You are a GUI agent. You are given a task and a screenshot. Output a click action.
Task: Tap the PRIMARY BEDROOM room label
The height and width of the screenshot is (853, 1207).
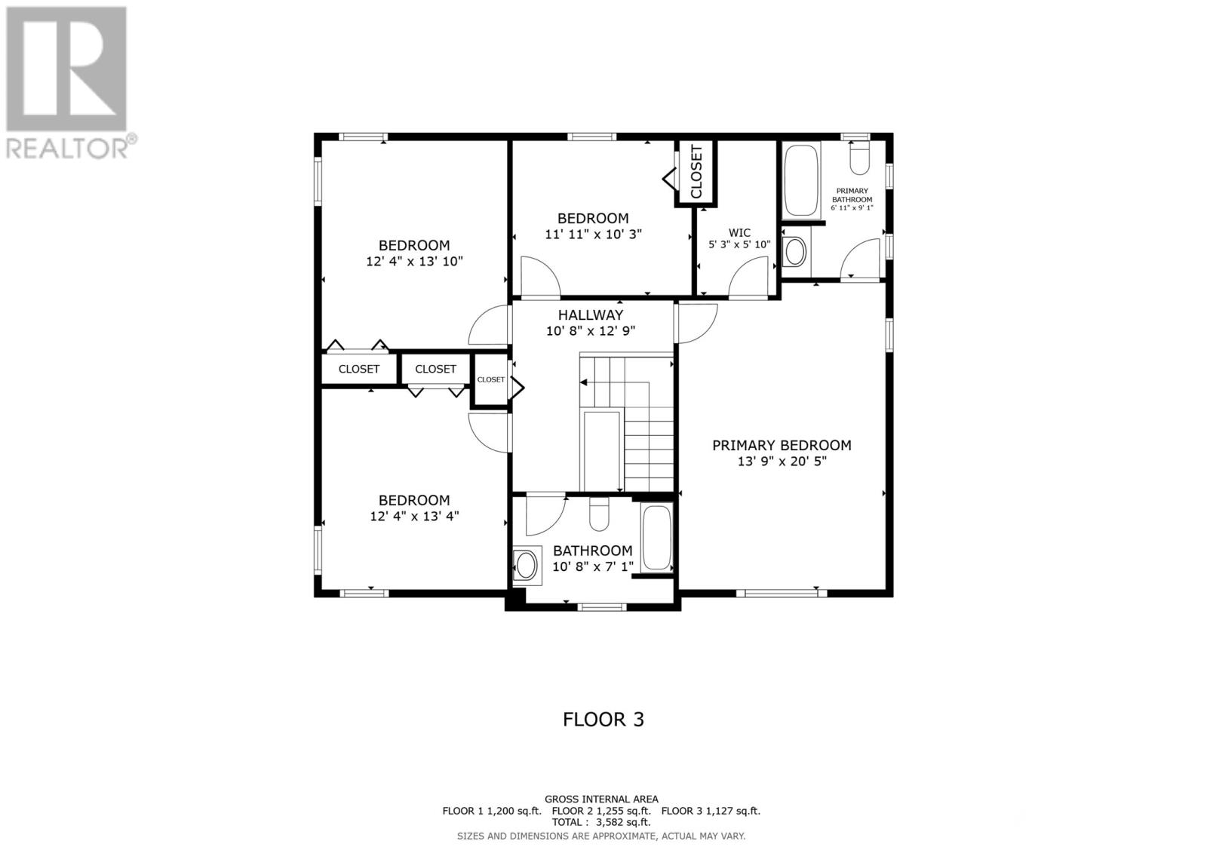[x=782, y=445]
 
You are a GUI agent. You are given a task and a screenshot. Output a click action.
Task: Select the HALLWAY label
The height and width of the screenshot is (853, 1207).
[x=590, y=315]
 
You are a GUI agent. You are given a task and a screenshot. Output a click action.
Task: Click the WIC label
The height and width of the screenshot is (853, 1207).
[x=739, y=233]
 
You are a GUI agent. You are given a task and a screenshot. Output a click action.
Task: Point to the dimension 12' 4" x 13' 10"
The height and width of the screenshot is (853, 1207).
[x=414, y=262]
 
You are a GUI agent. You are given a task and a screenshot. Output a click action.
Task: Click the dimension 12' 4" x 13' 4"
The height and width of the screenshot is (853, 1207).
[x=414, y=516]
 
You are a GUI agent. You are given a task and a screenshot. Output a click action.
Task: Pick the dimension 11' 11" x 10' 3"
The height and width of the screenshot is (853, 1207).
[x=593, y=235]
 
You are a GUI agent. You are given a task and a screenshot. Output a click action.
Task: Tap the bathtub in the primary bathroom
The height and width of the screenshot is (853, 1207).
[x=801, y=181]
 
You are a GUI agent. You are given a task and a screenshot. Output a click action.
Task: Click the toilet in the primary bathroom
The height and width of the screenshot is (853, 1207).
[x=859, y=158]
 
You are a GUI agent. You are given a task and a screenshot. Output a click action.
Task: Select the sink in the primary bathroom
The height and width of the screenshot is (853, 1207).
[x=795, y=251]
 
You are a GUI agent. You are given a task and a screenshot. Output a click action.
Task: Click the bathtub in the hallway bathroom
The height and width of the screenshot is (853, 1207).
[x=657, y=537]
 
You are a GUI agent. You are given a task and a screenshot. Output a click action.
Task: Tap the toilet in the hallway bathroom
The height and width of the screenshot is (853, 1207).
[x=599, y=514]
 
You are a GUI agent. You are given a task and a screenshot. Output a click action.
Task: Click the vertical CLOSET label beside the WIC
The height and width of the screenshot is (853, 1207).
[x=696, y=171]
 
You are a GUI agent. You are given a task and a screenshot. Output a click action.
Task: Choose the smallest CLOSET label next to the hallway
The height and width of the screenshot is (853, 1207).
[x=491, y=379]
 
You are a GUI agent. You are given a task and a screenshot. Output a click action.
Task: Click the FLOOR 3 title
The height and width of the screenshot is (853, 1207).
[x=603, y=720]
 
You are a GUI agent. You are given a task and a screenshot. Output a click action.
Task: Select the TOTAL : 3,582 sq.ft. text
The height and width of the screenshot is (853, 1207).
[x=600, y=822]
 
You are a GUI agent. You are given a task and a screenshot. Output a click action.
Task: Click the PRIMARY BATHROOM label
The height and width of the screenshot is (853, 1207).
[x=852, y=195]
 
